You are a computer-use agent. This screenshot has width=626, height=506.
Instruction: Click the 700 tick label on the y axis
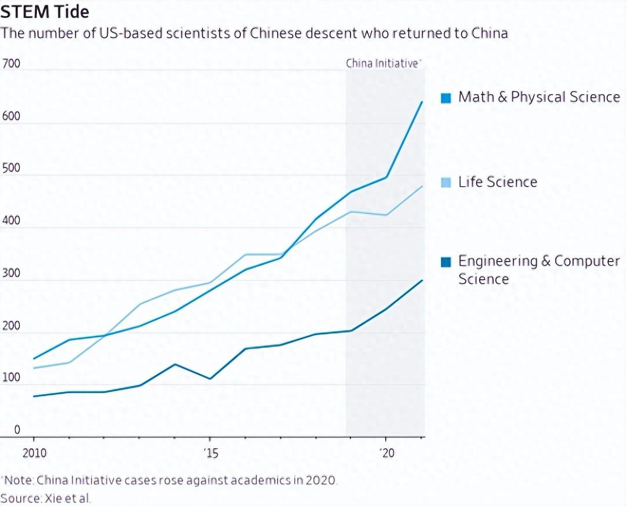click(11, 64)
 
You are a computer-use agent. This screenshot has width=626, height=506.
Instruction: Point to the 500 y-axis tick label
click(11, 168)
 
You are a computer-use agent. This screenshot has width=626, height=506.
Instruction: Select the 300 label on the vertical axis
click(11, 273)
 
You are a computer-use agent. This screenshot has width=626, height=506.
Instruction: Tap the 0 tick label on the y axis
click(17, 430)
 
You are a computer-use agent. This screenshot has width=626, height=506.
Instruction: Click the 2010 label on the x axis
click(34, 452)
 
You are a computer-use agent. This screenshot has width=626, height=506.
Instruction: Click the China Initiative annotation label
click(383, 63)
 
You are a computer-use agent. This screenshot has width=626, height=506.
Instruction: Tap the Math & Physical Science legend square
click(445, 98)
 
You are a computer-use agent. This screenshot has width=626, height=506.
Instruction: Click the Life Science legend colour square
click(445, 183)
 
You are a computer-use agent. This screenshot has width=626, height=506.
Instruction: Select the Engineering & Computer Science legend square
click(445, 262)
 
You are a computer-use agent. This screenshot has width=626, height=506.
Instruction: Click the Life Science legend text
click(498, 182)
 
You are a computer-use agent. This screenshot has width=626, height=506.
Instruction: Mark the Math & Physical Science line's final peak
click(422, 102)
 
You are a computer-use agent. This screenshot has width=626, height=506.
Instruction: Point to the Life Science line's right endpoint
click(422, 186)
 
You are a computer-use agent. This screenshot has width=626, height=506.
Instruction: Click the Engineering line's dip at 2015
click(210, 378)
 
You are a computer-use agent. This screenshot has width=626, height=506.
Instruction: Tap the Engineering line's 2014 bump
click(174, 364)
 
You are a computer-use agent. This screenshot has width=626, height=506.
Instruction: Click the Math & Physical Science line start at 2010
click(34, 359)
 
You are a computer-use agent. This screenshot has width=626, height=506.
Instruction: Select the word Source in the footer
click(21, 498)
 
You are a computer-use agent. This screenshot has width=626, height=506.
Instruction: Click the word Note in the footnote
click(19, 480)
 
